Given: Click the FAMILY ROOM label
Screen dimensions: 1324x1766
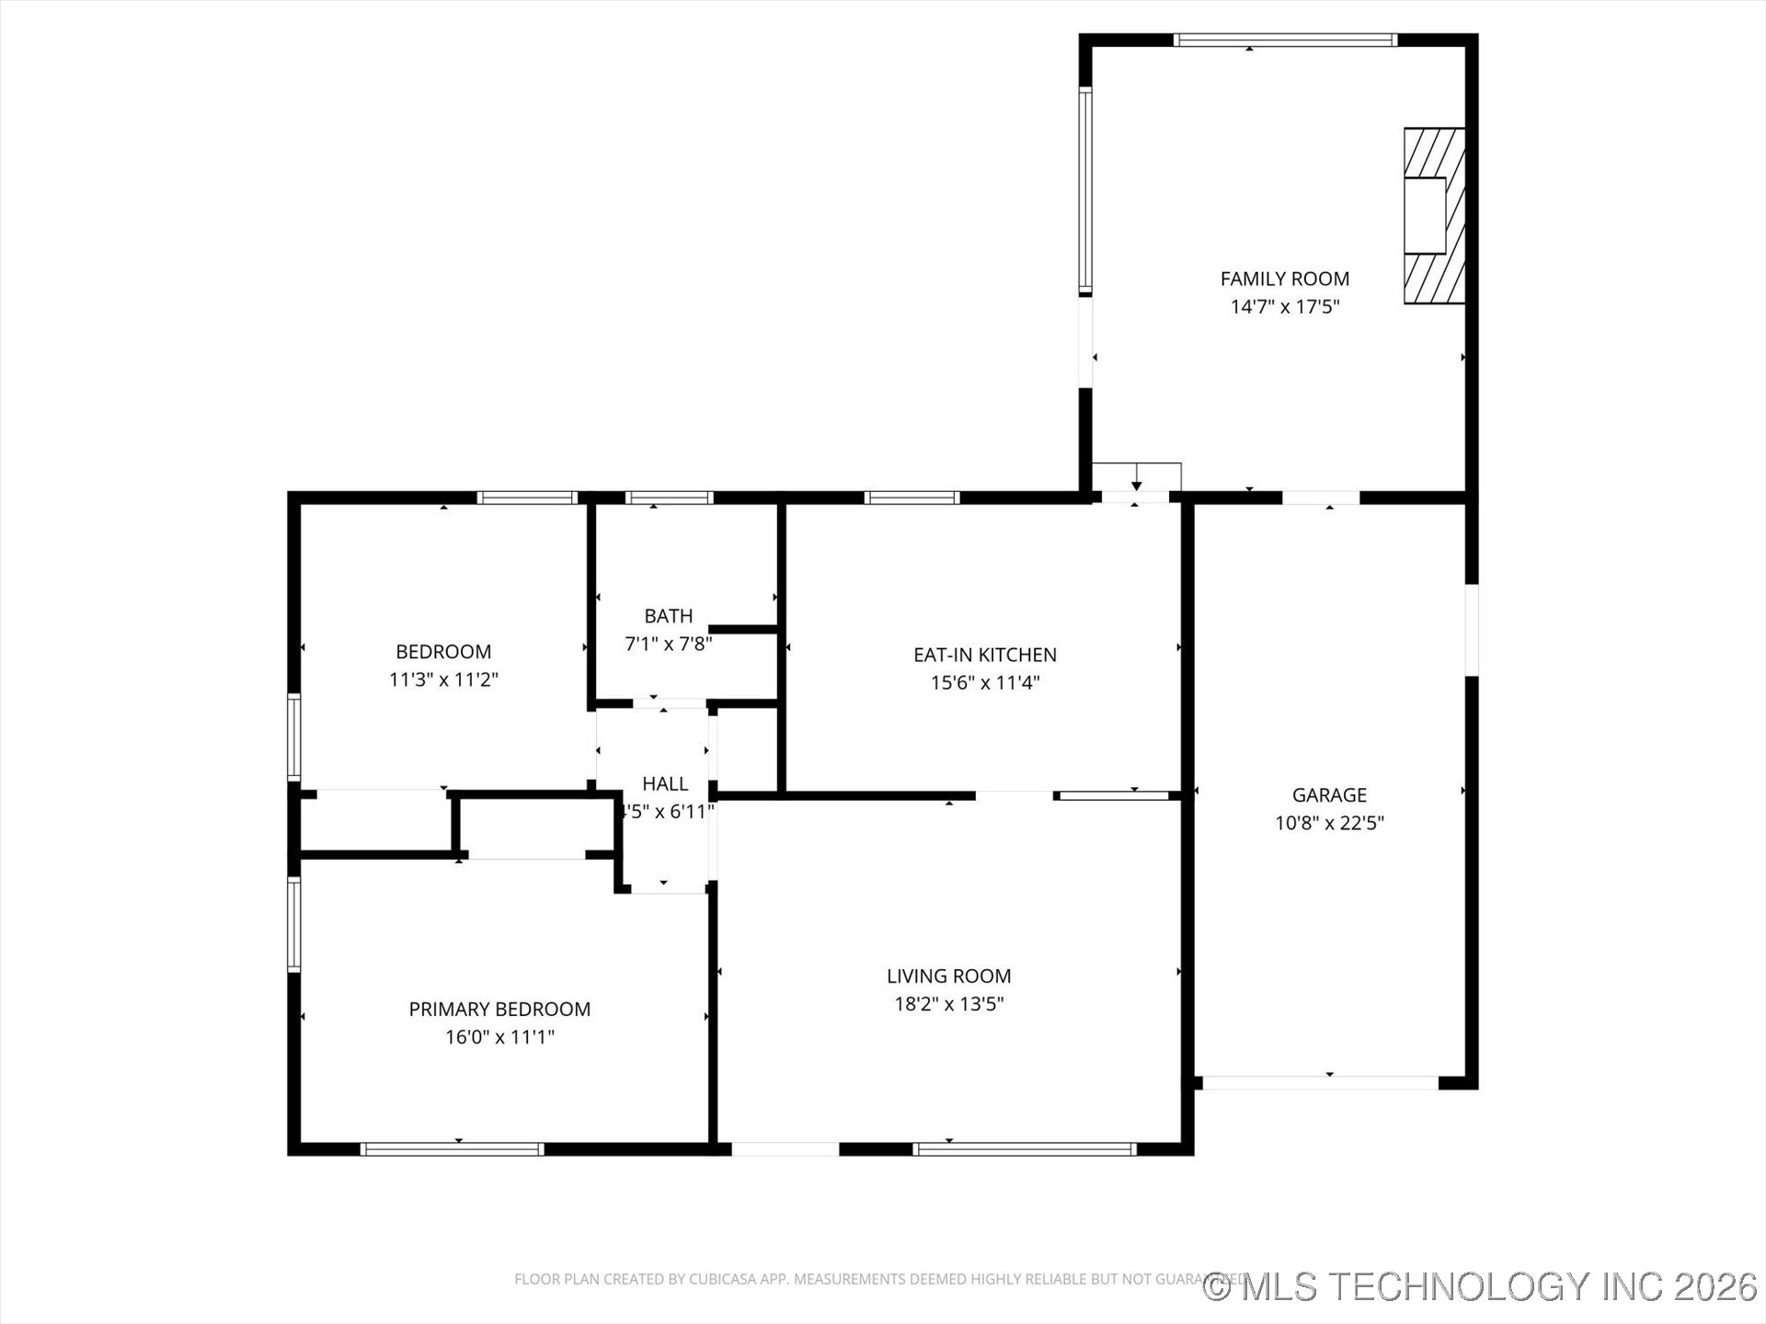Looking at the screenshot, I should (1284, 279).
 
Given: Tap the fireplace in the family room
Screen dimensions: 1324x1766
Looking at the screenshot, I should (1433, 215).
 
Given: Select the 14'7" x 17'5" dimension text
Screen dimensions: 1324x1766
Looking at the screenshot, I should (1284, 307).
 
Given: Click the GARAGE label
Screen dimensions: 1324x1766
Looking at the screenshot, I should (1329, 794).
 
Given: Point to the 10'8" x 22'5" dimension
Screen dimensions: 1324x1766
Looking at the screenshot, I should (1329, 823).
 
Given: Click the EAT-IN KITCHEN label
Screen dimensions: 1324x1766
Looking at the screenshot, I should (984, 655).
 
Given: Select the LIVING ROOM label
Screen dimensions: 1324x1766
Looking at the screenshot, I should (948, 976).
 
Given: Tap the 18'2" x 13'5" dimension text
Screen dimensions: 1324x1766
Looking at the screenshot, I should (948, 1004).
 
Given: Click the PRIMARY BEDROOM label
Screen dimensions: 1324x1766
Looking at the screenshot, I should (499, 1009).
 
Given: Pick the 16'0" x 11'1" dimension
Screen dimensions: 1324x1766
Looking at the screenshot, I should (499, 1037).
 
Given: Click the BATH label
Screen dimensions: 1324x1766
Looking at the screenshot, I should (668, 616).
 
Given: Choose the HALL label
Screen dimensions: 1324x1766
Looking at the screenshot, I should (665, 783).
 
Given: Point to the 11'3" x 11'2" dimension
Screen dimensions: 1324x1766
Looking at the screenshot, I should (443, 680).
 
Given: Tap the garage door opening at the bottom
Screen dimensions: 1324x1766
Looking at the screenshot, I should (1320, 1083).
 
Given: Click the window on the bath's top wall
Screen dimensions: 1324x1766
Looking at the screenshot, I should (669, 497).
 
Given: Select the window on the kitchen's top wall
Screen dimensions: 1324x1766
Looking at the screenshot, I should (912, 497).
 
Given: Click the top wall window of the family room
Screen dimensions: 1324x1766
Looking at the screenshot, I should (1285, 40).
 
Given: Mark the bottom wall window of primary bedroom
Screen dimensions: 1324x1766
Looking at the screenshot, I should (452, 1148).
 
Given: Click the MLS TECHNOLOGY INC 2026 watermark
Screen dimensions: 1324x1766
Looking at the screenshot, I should (1481, 1286).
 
